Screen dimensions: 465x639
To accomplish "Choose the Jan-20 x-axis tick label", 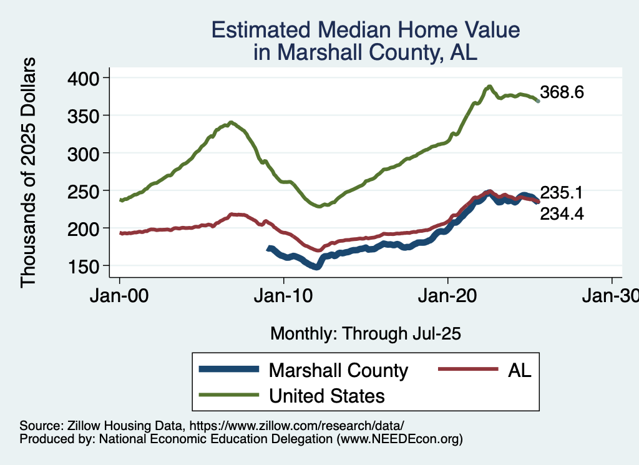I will click(448, 297).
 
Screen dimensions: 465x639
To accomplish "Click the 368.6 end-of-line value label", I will click(562, 93).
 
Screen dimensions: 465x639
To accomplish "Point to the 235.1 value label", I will click(562, 192).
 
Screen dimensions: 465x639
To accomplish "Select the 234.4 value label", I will click(562, 214).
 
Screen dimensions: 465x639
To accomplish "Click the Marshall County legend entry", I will click(338, 370).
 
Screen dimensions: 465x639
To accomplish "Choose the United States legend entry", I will click(326, 396).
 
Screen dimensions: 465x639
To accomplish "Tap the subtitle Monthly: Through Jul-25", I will click(366, 334).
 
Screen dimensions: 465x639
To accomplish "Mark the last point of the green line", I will click(538, 100).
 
